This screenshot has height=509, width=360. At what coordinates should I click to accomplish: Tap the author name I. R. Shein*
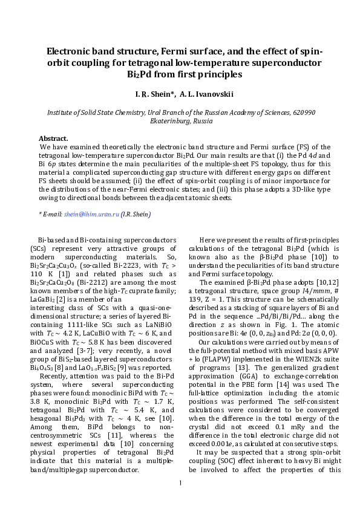pos(155,94)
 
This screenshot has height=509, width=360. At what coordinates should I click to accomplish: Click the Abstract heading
pos(53,138)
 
